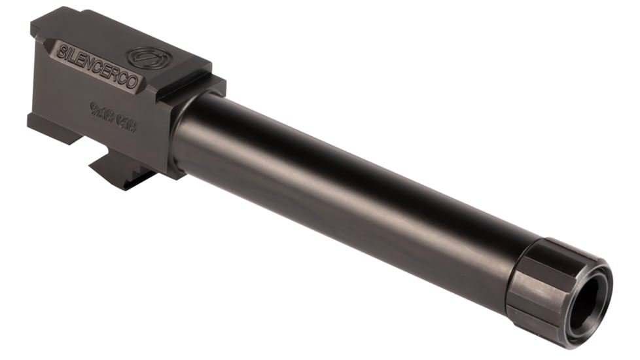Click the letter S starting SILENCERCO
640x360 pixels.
pos(61,52)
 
